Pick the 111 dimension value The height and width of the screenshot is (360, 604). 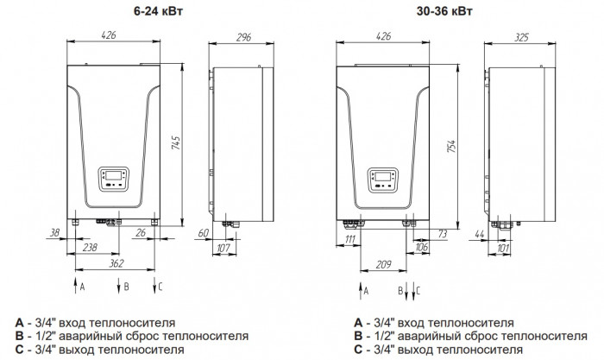coord(349,237)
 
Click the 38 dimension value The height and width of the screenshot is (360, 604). coord(55,233)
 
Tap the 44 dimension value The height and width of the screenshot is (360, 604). coord(480,233)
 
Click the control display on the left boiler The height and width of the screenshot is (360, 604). coord(115,178)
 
